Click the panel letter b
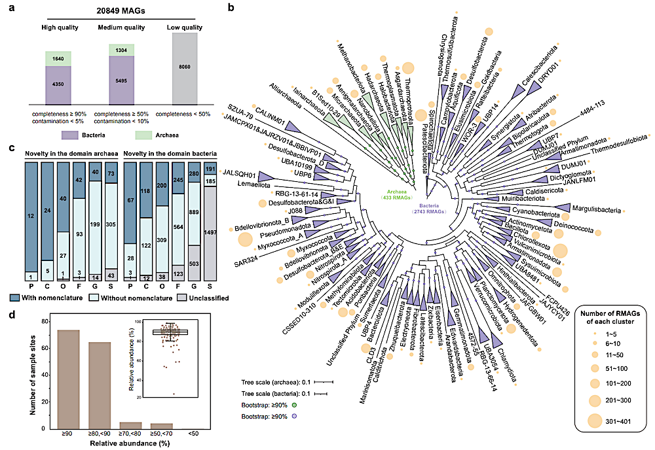[231, 7]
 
